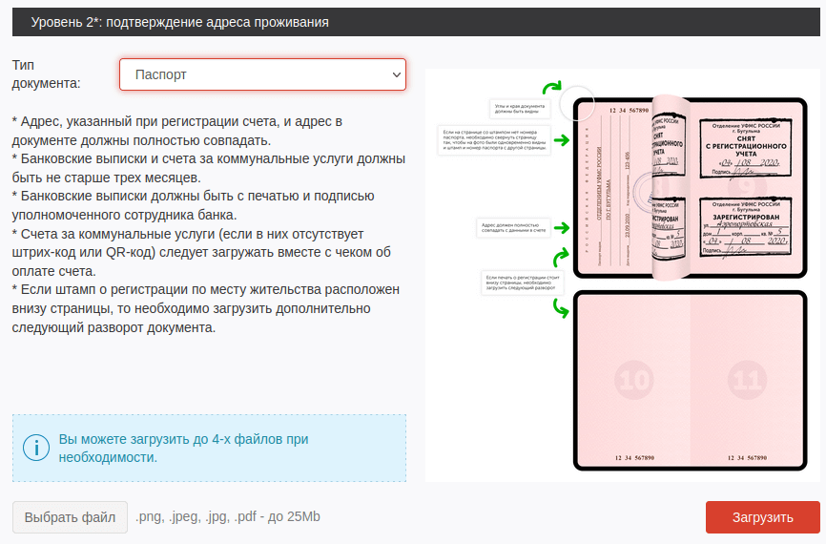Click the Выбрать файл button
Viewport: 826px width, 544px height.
point(70,517)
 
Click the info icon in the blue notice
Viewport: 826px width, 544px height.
point(35,448)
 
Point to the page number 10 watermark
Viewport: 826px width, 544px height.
point(633,381)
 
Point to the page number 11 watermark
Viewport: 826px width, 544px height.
point(747,381)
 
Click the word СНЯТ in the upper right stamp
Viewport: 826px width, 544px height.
point(743,136)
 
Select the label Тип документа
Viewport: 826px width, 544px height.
point(46,73)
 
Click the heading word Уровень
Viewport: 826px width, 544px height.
point(61,21)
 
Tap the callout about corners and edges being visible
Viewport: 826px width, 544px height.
point(518,108)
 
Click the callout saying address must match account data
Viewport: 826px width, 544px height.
point(512,226)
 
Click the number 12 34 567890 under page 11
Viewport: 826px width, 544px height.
point(745,459)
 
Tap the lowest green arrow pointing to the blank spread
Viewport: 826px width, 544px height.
point(561,307)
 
